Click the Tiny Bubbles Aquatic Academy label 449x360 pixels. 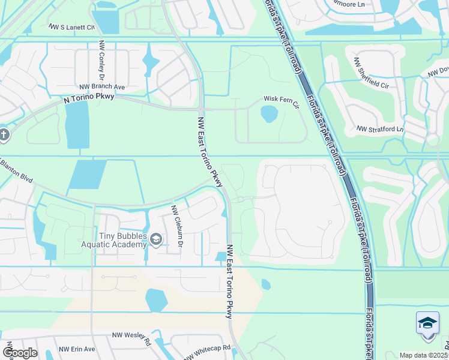[114, 239]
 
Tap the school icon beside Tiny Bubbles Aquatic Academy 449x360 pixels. [156, 240]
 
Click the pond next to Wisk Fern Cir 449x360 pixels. [269, 112]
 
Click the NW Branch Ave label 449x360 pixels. [101, 87]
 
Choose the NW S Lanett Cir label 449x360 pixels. [73, 28]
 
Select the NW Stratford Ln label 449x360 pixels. [381, 129]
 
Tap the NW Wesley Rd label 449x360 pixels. [127, 335]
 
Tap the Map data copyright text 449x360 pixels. [423, 355]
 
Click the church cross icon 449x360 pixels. [3, 134]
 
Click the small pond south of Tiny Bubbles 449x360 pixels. [155, 299]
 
